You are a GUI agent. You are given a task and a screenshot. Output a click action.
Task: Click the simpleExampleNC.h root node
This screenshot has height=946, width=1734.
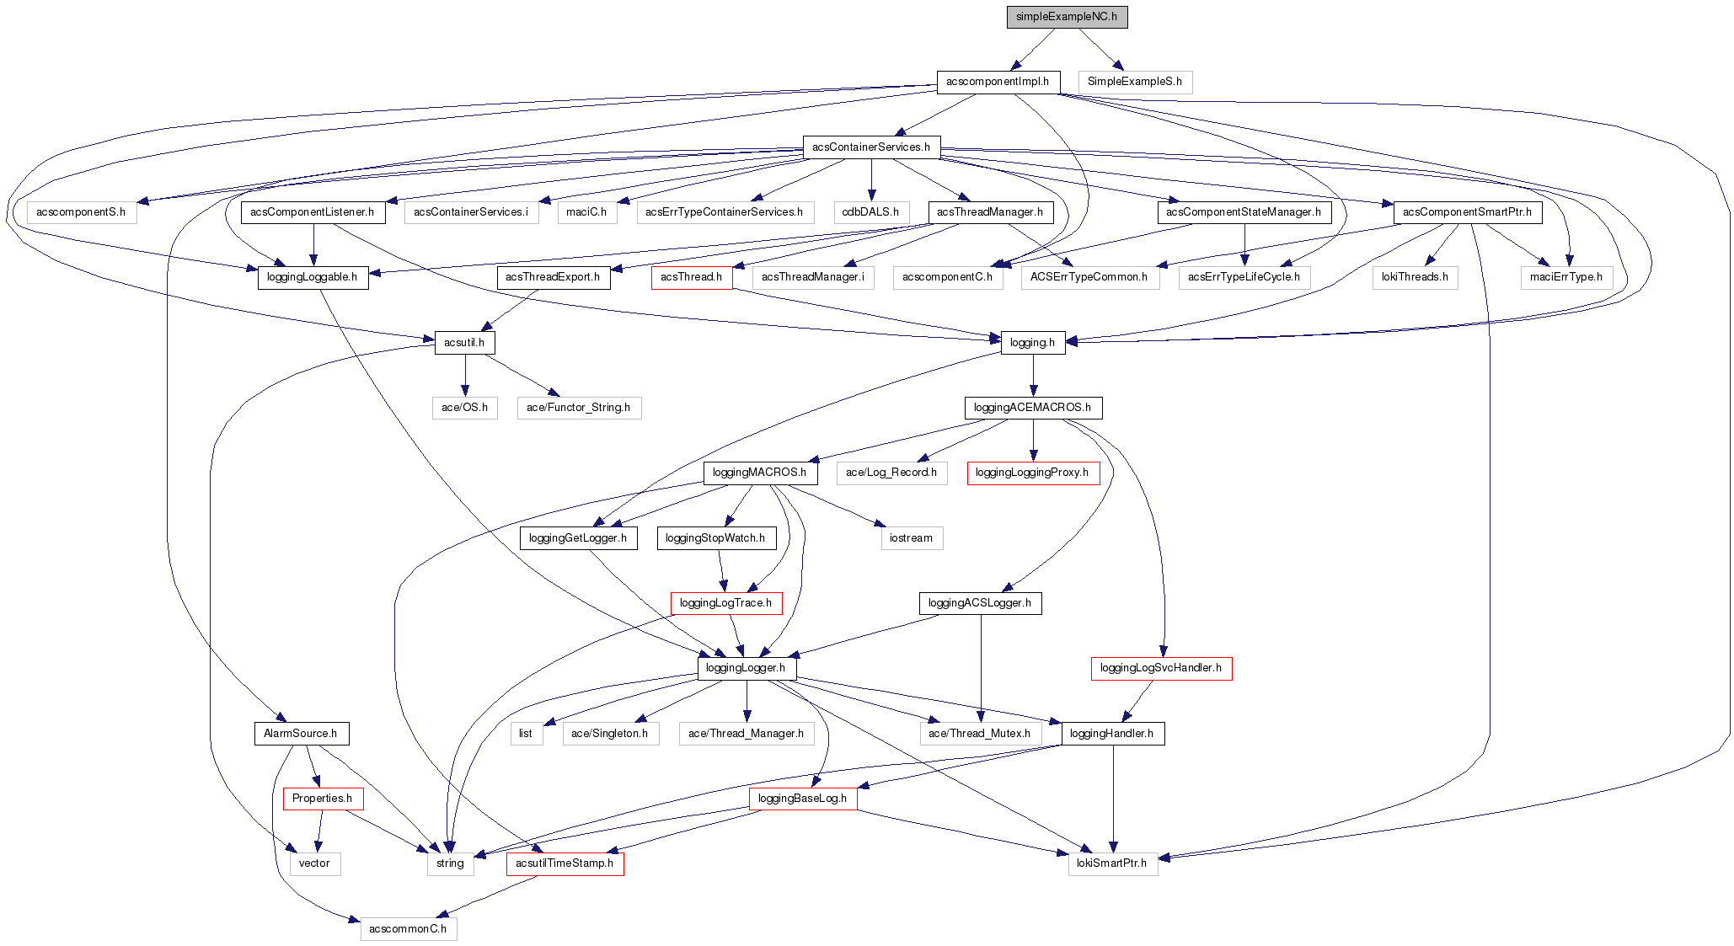(x=1066, y=17)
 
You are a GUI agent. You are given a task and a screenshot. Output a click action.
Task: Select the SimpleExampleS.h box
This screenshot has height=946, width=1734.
(x=1134, y=82)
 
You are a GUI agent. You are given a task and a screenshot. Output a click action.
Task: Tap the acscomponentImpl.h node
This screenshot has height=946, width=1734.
(x=998, y=82)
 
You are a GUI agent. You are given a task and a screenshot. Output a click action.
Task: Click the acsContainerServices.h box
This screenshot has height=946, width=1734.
(x=870, y=147)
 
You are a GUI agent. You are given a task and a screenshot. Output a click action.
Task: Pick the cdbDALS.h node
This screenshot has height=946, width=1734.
(x=870, y=212)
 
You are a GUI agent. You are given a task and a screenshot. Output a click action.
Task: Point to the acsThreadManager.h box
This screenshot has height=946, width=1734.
(x=989, y=212)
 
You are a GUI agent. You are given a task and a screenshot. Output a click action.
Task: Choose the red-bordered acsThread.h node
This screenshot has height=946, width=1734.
(x=691, y=277)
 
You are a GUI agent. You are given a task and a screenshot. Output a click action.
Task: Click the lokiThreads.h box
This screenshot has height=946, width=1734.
(x=1414, y=277)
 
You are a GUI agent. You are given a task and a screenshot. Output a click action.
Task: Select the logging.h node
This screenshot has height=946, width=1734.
(x=1032, y=343)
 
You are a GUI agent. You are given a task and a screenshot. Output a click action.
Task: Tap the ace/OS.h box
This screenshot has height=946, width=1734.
(x=464, y=408)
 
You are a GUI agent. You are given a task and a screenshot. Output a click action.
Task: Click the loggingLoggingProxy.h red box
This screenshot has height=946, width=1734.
(x=1031, y=473)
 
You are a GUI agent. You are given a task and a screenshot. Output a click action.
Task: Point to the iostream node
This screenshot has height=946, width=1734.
(x=911, y=538)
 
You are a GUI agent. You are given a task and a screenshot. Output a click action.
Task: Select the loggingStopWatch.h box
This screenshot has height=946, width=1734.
(x=715, y=538)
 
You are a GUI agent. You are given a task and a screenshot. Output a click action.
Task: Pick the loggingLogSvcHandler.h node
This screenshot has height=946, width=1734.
(x=1160, y=668)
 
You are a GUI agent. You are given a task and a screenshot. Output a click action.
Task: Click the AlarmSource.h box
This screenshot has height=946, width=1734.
(x=300, y=734)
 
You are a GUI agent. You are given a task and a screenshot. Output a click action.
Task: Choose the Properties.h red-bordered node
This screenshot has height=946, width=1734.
(x=322, y=799)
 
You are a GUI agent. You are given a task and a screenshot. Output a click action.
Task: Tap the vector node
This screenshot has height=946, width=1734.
(x=314, y=863)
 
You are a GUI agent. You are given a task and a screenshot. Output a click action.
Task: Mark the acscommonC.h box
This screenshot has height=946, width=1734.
(x=408, y=929)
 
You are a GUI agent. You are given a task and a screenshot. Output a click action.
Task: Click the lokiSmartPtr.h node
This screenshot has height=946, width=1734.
(x=1112, y=863)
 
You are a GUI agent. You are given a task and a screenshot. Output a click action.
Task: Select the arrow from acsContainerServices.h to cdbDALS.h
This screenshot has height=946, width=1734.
(x=870, y=180)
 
